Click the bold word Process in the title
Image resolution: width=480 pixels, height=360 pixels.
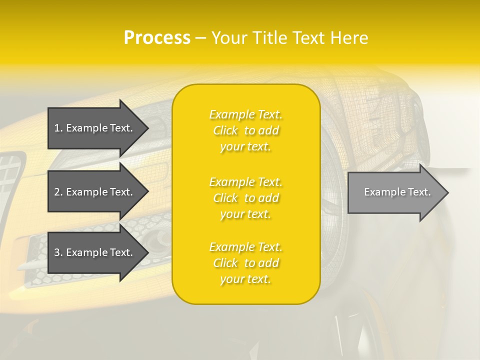(x=157, y=38)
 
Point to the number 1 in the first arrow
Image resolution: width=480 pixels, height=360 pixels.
(x=56, y=128)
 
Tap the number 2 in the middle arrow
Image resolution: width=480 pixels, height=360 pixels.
(x=56, y=192)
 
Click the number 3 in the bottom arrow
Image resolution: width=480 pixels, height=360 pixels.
(x=56, y=252)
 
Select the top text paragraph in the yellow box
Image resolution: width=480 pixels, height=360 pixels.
(x=245, y=130)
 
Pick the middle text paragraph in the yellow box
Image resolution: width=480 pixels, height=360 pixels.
(x=245, y=198)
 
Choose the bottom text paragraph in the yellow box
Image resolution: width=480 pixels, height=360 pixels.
(x=245, y=263)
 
